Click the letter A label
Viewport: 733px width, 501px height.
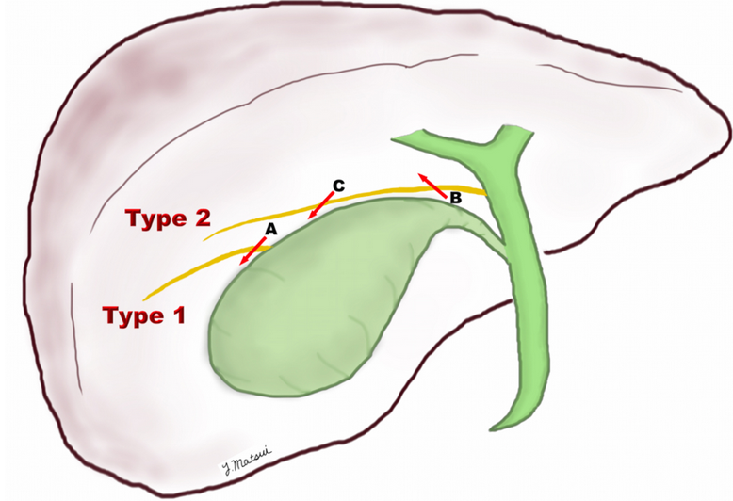(270, 229)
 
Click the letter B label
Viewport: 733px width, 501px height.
(455, 199)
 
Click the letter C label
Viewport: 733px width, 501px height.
(337, 186)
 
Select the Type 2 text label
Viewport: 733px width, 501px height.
(167, 219)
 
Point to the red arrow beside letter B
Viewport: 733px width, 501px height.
(433, 185)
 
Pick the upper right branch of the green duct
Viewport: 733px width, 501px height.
(513, 132)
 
